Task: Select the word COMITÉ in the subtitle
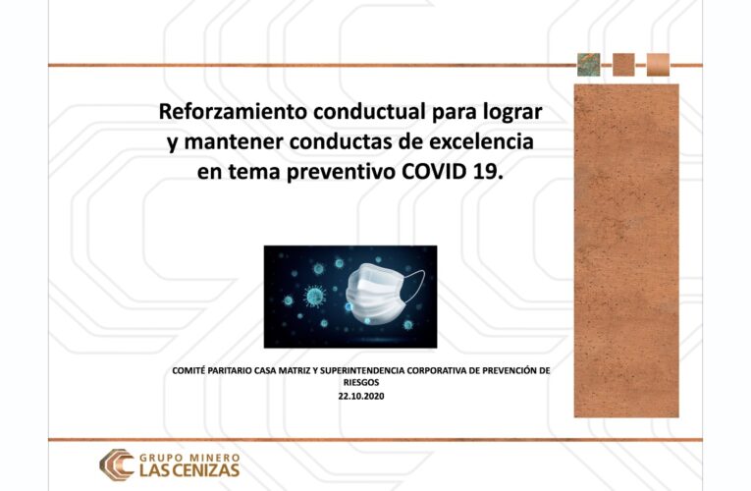pos(191,371)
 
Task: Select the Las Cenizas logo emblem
pos(117,463)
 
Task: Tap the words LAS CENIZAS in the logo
pos(188,470)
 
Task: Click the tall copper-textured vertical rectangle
pos(626,250)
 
